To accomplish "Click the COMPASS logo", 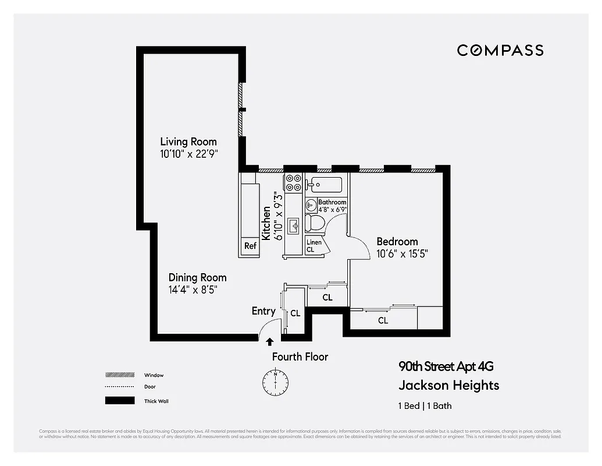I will point(500,50).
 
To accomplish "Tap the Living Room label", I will point(188,142).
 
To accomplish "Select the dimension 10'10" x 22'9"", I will point(188,154).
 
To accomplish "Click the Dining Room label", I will point(197,277).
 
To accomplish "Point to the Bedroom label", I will point(397,241).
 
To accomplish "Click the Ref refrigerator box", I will point(250,246).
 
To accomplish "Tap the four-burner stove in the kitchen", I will point(293,182).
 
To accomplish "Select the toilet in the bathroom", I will point(315,222).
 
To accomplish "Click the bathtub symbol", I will point(326,185).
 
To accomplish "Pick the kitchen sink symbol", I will point(293,224).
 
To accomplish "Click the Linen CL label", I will point(314,245).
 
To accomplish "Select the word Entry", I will point(263,311).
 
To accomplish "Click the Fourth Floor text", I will point(300,356).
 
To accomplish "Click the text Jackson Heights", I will point(448,385).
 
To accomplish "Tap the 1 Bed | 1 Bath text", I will point(425,406).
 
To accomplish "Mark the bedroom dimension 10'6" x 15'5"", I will point(402,253).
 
